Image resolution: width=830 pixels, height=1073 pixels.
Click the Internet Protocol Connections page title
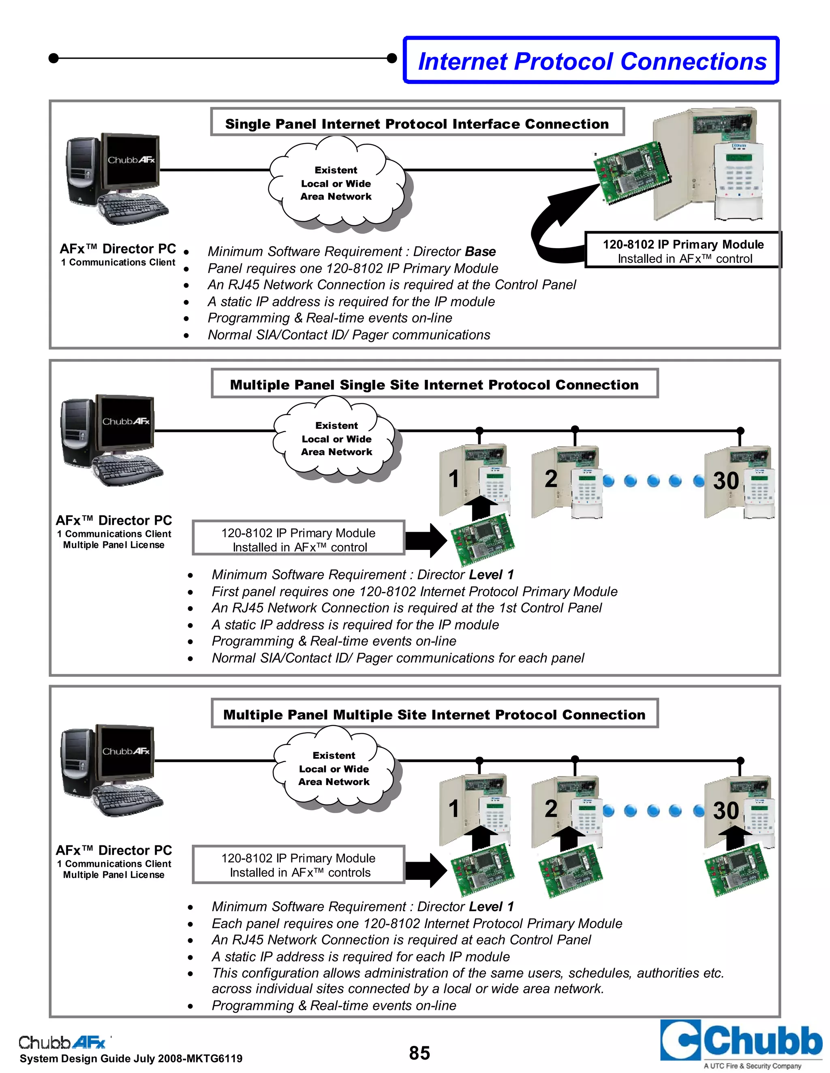[x=592, y=62]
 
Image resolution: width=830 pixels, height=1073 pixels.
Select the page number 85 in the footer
[x=419, y=1053]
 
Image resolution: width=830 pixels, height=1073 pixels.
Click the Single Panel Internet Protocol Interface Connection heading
[x=417, y=123]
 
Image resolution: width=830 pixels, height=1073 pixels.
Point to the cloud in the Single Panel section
[x=336, y=183]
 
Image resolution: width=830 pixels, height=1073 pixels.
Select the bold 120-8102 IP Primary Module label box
[x=682, y=251]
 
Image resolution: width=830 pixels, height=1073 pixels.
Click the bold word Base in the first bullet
[x=480, y=251]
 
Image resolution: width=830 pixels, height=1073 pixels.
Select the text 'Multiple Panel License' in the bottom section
[x=113, y=875]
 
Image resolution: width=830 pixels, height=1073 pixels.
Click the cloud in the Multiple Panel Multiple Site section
[x=334, y=769]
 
